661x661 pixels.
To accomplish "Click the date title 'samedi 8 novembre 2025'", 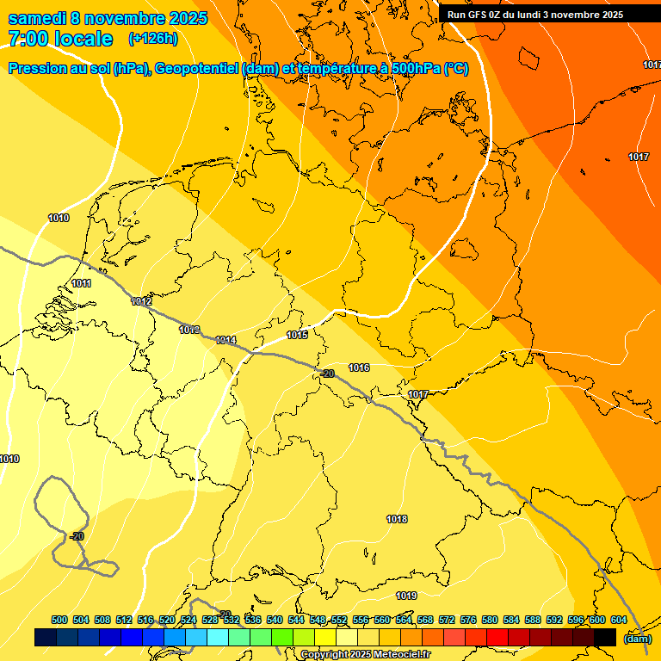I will pyautogui.click(x=108, y=18).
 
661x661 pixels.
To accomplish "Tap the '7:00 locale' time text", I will pyautogui.click(x=60, y=39).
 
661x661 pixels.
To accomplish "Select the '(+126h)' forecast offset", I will pyautogui.click(x=153, y=39).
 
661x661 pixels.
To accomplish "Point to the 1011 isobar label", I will pyautogui.click(x=82, y=283).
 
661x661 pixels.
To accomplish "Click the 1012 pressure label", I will pyautogui.click(x=142, y=301).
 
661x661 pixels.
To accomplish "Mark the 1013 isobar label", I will pyautogui.click(x=189, y=330).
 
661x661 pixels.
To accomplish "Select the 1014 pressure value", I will pyautogui.click(x=225, y=340).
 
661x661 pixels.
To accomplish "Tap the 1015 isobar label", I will pyautogui.click(x=297, y=335).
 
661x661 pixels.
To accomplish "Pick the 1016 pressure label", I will pyautogui.click(x=359, y=368).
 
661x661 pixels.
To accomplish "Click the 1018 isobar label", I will pyautogui.click(x=397, y=519).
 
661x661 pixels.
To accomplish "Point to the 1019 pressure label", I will pyautogui.click(x=406, y=596).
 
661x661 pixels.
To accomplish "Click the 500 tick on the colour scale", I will pyautogui.click(x=59, y=620).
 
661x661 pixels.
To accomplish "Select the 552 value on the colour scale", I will pyautogui.click(x=339, y=620).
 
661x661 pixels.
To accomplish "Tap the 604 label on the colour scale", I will pyautogui.click(x=619, y=620).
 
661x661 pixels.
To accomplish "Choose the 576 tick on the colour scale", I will pyautogui.click(x=468, y=620).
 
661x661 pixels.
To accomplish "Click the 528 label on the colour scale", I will pyautogui.click(x=210, y=620).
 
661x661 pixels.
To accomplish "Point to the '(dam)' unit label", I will pyautogui.click(x=637, y=639).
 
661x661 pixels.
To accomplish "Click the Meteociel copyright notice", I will pyautogui.click(x=365, y=655).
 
